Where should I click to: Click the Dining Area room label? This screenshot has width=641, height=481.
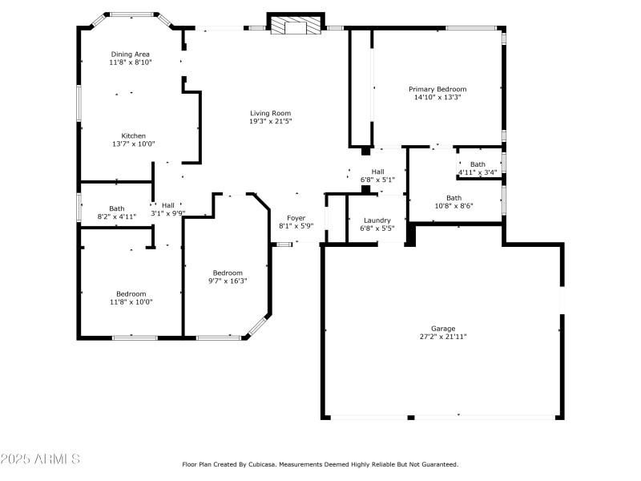click(x=131, y=54)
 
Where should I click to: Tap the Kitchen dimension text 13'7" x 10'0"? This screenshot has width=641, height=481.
click(x=133, y=144)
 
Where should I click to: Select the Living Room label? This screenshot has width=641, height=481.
click(x=270, y=113)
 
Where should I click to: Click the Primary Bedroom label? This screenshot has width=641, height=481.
click(x=437, y=89)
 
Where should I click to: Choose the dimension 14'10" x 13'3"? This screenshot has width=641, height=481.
click(x=437, y=97)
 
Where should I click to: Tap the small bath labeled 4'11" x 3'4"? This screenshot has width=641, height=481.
click(x=478, y=168)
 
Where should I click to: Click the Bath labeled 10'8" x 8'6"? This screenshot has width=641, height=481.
click(x=454, y=201)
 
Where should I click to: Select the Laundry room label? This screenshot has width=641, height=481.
click(x=377, y=220)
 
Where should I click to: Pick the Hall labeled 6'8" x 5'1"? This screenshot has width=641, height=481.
click(x=377, y=176)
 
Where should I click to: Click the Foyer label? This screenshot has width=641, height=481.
click(x=296, y=218)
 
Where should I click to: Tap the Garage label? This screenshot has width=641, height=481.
click(x=443, y=329)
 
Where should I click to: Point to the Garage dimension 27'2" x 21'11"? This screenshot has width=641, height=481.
click(x=443, y=338)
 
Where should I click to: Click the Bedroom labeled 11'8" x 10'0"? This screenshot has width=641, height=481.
click(x=131, y=297)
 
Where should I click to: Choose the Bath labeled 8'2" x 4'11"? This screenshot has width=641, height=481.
click(x=117, y=212)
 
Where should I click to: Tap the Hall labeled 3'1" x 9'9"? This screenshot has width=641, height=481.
click(x=168, y=208)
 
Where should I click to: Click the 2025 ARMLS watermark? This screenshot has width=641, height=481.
click(x=40, y=459)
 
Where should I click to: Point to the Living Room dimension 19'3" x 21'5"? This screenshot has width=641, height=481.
click(x=270, y=122)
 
